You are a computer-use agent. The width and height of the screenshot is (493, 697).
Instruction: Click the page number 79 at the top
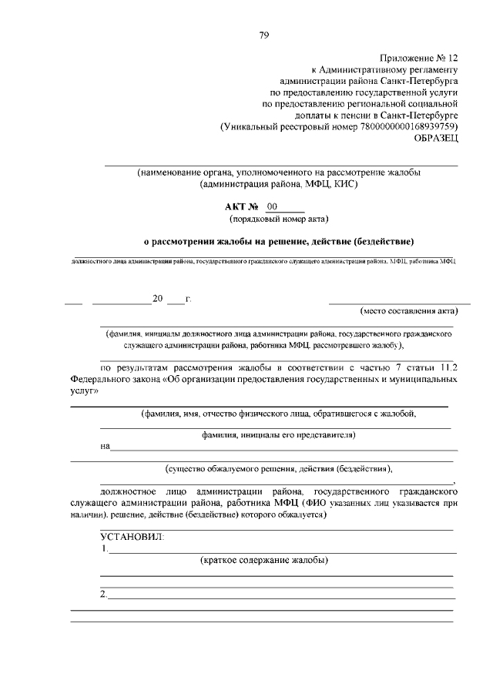coord(263,35)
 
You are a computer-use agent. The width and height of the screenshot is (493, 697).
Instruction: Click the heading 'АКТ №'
coord(241,207)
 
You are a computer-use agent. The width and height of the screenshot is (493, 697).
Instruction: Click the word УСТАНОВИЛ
coord(132,537)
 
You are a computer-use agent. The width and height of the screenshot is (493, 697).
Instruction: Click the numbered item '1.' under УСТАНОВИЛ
coord(104,548)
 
